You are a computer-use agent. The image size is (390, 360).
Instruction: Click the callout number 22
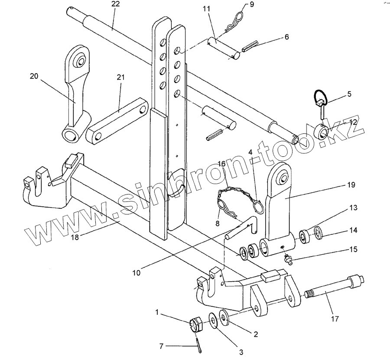tap(116, 4)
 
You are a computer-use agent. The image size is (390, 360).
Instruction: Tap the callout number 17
tap(335, 318)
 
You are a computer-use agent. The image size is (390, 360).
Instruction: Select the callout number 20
tap(34, 76)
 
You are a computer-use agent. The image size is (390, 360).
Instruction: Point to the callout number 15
tap(354, 249)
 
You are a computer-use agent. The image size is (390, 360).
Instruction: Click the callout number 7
tap(162, 346)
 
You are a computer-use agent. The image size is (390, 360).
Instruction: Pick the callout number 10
tap(136, 273)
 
